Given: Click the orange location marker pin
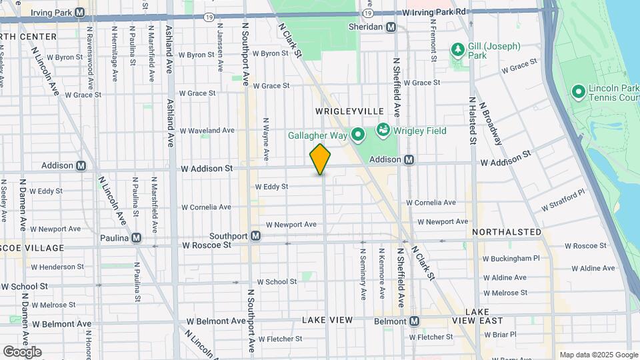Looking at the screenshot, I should click(x=320, y=159).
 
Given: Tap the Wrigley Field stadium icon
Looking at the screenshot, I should click(x=383, y=129).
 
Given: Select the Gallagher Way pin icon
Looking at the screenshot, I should click(x=358, y=136).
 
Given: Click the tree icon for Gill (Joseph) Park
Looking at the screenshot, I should click(x=457, y=49).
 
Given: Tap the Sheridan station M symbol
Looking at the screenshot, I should click(x=391, y=27).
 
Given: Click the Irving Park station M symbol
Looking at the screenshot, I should click(x=80, y=12).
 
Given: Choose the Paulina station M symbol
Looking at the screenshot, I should click(x=136, y=237).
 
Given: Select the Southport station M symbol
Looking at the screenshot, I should click(x=255, y=236).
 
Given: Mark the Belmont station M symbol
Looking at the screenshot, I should click(x=414, y=321).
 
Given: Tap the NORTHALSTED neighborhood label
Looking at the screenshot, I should click(x=507, y=232).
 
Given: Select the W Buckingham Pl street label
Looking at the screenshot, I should click(x=511, y=258).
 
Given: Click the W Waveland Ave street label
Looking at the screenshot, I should click(x=207, y=131).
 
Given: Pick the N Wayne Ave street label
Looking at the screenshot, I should click(x=265, y=139).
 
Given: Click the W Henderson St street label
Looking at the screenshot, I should click(x=62, y=267).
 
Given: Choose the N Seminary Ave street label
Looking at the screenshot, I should click(x=363, y=274).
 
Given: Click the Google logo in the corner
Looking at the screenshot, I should click(x=22, y=352).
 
